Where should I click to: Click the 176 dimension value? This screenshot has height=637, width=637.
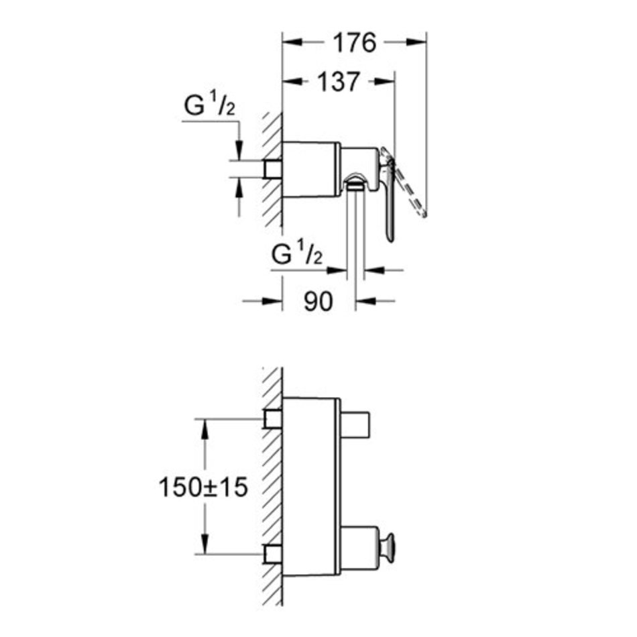(x=355, y=43)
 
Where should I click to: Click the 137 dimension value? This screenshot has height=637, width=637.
(x=339, y=82)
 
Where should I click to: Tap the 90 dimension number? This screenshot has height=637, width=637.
(x=318, y=302)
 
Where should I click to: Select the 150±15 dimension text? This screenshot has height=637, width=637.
(x=203, y=487)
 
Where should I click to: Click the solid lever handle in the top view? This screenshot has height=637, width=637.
(x=388, y=195)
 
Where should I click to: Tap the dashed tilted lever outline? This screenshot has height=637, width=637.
(x=408, y=185)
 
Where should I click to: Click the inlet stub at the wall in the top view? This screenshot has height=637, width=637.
(x=274, y=168)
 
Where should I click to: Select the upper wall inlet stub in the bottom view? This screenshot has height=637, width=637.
(x=274, y=419)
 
